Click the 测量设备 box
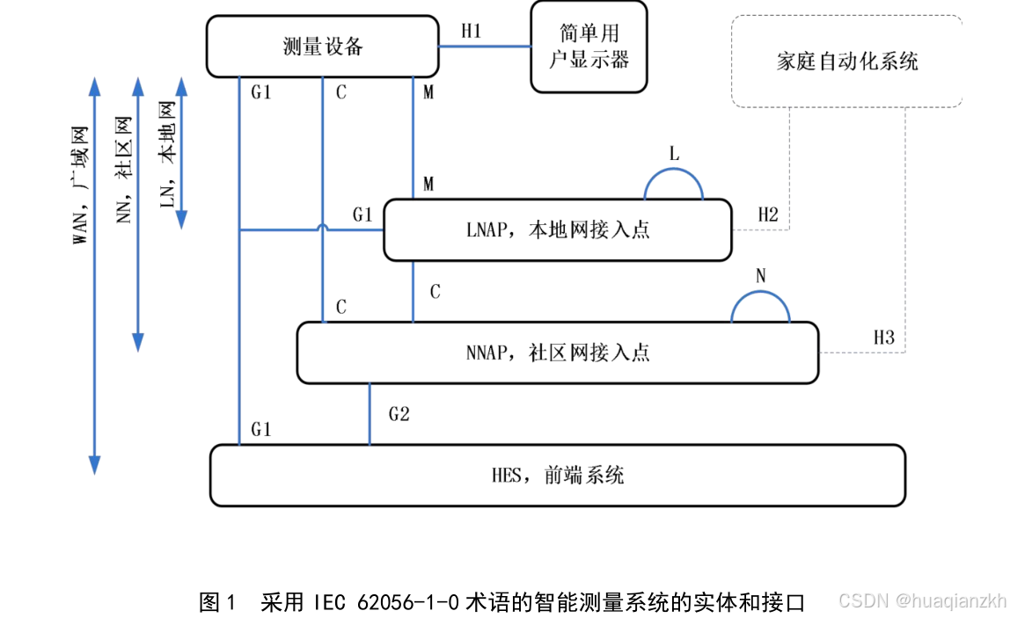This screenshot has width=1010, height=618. tap(322, 47)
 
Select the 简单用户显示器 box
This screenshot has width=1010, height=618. tap(589, 47)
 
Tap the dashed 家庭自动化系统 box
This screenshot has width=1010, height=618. tap(846, 62)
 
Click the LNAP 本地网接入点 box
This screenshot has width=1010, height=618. tap(558, 230)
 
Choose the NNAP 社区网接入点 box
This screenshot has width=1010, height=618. tap(558, 353)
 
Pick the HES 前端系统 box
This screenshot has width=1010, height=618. tap(558, 476)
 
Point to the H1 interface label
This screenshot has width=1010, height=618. tap(472, 32)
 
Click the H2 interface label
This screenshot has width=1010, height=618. tap(768, 214)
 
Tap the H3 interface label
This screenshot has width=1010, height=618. tap(883, 338)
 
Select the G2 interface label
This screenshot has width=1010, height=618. tap(399, 413)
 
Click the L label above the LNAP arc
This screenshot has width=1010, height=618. tap(674, 155)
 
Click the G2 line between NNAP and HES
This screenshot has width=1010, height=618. tap(370, 414)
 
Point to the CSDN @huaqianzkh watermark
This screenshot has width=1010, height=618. tap(921, 601)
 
